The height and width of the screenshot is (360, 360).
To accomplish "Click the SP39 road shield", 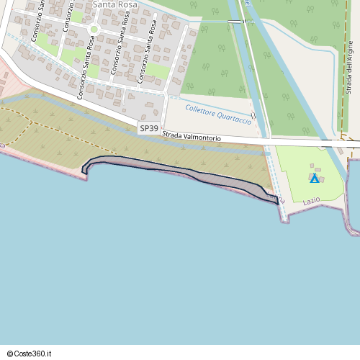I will coord(149,128).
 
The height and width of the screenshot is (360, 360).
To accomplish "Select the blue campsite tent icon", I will coord(314,178).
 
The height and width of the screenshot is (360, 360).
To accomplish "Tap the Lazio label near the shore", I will coord(311,200).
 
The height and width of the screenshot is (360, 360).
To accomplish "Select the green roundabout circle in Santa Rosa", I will coord(94,30).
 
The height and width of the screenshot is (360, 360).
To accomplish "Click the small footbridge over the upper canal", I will coord(235,22).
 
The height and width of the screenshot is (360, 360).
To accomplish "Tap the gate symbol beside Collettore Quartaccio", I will coord(253,115).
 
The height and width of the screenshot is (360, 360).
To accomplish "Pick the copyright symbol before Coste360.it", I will coord(11,353).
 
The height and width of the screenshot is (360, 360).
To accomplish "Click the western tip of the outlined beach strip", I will coord(84,171).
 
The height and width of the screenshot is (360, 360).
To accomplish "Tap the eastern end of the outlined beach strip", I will coord(276,201).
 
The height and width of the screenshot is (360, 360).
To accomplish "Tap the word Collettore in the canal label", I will coord(201,110).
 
